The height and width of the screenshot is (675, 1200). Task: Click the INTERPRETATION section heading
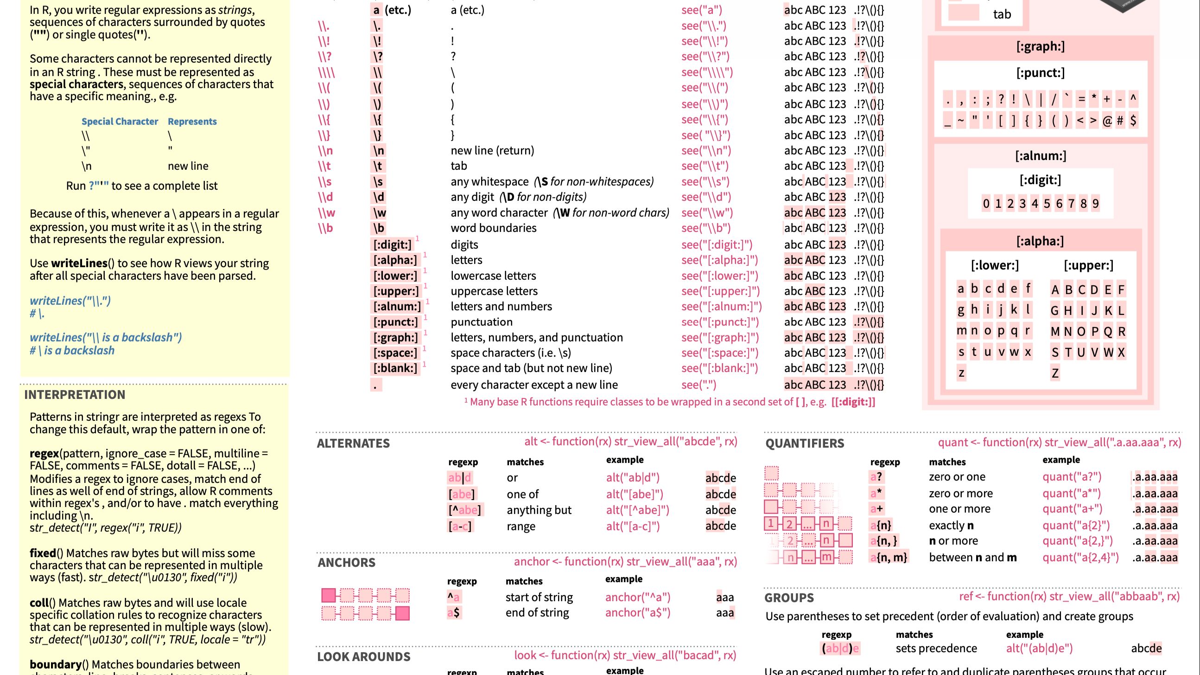click(x=75, y=395)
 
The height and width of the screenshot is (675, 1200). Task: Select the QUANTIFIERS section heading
click(x=805, y=444)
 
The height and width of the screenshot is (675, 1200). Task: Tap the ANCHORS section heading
click(x=346, y=563)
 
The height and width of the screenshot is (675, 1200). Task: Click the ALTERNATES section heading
click(x=353, y=444)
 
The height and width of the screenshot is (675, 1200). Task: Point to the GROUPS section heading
click(x=789, y=598)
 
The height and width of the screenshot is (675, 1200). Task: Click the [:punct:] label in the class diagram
click(x=1040, y=73)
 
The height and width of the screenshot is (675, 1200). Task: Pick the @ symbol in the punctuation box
click(x=1107, y=121)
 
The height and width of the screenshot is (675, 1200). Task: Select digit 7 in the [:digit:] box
click(x=1071, y=204)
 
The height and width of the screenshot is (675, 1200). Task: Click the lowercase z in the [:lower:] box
click(x=961, y=373)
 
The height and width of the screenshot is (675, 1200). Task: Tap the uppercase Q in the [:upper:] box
click(x=1108, y=331)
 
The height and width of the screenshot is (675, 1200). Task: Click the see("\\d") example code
click(x=706, y=197)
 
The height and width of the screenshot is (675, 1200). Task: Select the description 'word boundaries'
click(x=493, y=228)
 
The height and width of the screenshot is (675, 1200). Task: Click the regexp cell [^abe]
click(x=465, y=510)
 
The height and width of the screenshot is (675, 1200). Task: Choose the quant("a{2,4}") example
click(x=1080, y=558)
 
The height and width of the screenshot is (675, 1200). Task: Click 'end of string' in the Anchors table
click(x=537, y=613)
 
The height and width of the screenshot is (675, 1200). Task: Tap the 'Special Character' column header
click(x=120, y=122)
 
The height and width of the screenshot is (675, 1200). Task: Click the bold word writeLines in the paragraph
click(x=79, y=264)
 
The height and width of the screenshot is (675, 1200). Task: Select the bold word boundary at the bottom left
click(x=56, y=664)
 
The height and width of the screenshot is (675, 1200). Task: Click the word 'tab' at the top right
click(x=1002, y=14)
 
